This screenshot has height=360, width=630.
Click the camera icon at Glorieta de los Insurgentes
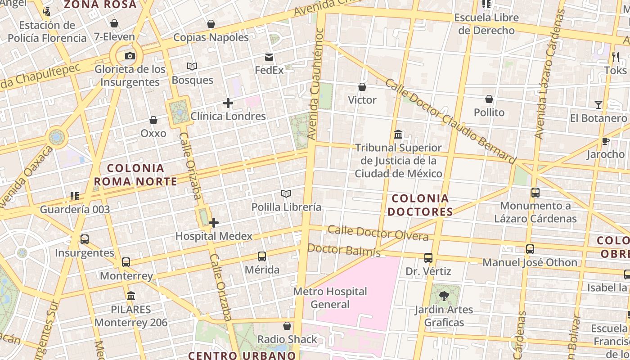(x=130, y=56)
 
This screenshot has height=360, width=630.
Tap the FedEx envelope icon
(x=269, y=57)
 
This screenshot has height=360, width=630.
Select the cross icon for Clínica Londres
(x=228, y=103)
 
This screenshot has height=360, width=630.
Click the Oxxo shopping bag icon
(x=153, y=120)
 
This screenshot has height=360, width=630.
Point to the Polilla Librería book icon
(x=286, y=194)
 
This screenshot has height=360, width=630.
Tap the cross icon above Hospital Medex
(x=214, y=223)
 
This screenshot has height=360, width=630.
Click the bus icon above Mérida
(x=262, y=256)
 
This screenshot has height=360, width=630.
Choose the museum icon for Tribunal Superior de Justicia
(x=398, y=134)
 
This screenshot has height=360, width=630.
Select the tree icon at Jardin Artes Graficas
(x=444, y=296)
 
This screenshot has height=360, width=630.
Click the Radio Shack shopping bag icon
(x=287, y=326)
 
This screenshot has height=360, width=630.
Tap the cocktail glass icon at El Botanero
(x=598, y=105)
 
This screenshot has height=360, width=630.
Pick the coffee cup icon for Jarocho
(x=606, y=141)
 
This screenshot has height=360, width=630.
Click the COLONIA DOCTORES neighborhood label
(x=420, y=205)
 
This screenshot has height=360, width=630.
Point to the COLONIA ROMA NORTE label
(x=135, y=175)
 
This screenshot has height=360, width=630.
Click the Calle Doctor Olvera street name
(x=378, y=234)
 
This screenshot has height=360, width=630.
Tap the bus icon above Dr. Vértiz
(x=428, y=258)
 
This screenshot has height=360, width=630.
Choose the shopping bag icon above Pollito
(x=489, y=99)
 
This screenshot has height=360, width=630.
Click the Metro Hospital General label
(x=330, y=298)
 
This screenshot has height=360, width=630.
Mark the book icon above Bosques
(x=192, y=67)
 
